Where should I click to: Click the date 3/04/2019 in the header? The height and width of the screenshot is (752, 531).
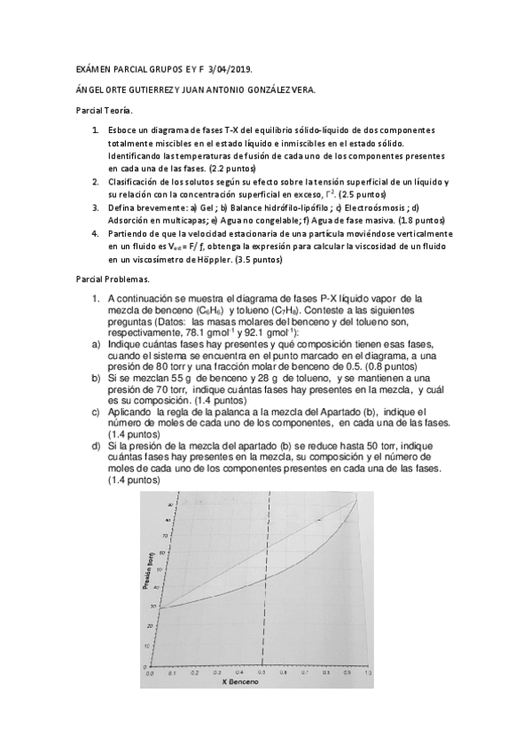[x=239, y=68]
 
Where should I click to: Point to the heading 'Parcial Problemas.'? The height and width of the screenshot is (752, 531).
[x=112, y=278]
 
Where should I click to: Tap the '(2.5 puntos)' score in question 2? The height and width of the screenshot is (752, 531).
[x=367, y=193]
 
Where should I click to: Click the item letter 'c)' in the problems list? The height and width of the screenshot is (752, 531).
[x=95, y=412]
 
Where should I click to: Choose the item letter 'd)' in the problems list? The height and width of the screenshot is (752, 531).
[x=95, y=446]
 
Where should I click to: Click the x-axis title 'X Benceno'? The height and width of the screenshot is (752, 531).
[x=240, y=684]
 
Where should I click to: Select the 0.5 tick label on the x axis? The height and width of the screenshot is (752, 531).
[x=262, y=673]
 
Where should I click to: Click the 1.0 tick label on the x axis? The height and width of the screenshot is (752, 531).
[x=359, y=673]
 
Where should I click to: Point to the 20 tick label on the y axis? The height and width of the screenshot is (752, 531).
[x=155, y=626]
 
